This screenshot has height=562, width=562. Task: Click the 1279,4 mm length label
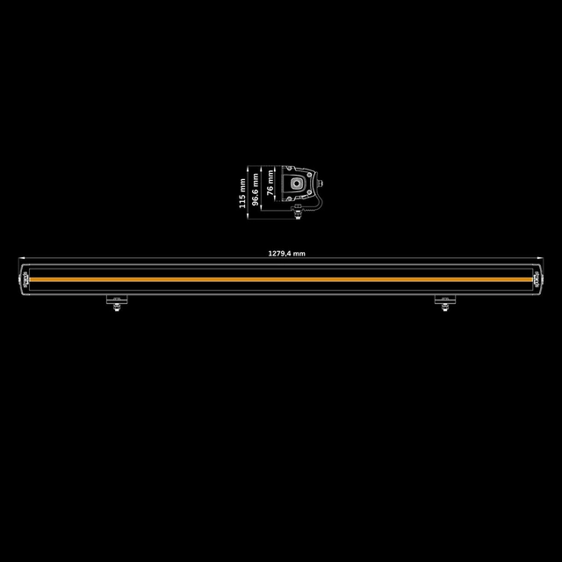tap(286, 253)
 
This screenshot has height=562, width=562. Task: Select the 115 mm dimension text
tap(243, 188)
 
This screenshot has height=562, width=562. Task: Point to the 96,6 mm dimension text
tap(256, 188)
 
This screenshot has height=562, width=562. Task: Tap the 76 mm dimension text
tap(270, 183)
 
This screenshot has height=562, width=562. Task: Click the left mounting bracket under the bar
tap(115, 301)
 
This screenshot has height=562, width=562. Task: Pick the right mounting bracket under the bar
tap(445, 301)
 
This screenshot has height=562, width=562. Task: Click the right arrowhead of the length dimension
tap(541, 259)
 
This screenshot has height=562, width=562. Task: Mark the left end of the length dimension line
tap(20, 259)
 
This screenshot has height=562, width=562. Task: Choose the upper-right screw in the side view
tap(310, 173)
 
